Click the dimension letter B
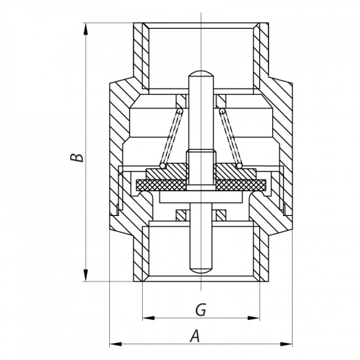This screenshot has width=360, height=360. (x=77, y=158)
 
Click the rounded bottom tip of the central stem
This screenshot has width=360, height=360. (x=200, y=271)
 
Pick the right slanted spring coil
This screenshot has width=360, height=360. (x=230, y=137)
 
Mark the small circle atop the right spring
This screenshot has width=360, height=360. (x=223, y=112)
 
